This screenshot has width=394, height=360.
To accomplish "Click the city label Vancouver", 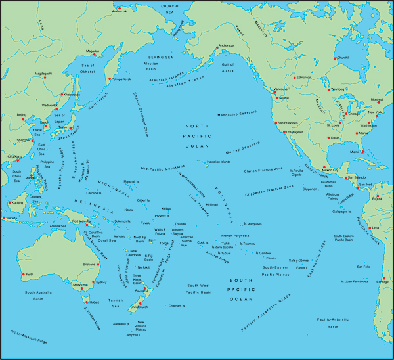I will [x=281, y=89].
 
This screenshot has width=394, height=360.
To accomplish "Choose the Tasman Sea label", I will [x=116, y=302].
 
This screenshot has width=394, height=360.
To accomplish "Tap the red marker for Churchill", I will [x=336, y=60].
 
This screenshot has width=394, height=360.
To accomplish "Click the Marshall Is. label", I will [x=132, y=181].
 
